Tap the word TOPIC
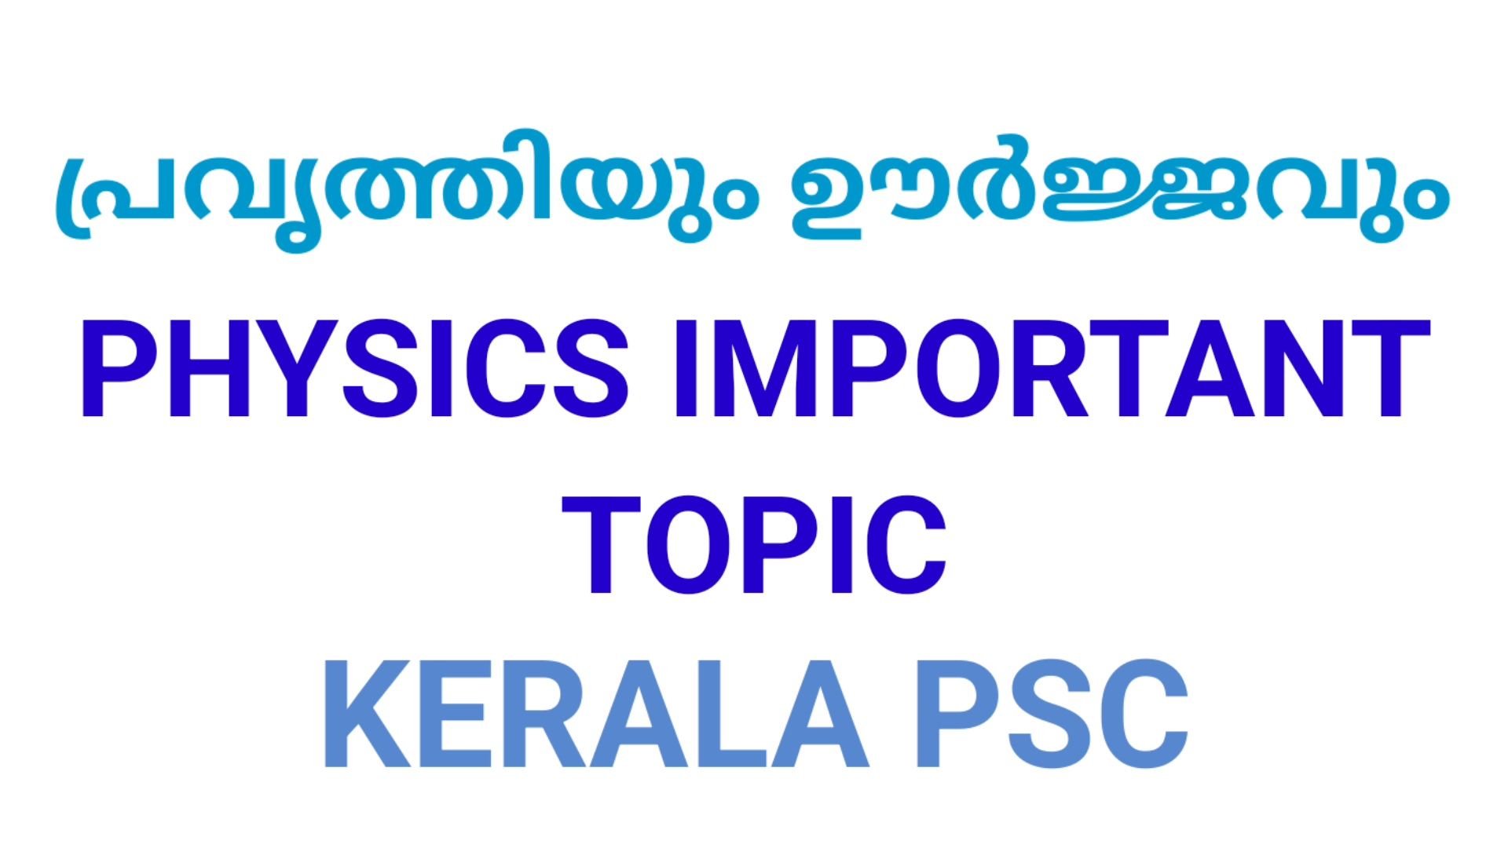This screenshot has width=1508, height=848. [x=754, y=545]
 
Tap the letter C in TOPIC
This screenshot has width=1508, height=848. [x=906, y=545]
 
